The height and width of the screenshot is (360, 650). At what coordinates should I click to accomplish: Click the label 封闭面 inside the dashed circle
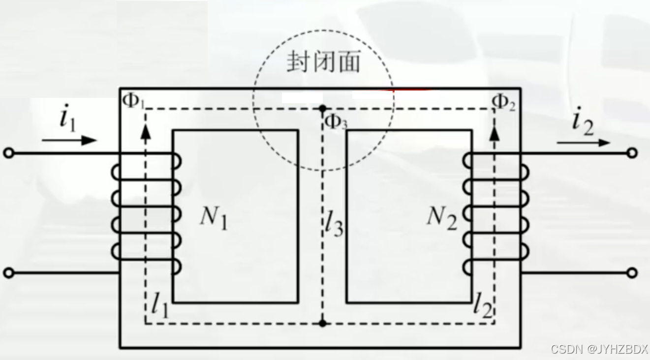click(324, 62)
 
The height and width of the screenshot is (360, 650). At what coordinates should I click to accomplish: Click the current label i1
click(67, 119)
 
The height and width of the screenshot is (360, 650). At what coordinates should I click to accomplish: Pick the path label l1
click(160, 306)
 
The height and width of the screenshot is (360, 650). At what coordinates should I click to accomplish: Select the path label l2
click(483, 306)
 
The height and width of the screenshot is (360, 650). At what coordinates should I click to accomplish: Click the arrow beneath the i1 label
click(69, 140)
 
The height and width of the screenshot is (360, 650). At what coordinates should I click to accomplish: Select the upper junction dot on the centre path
click(322, 108)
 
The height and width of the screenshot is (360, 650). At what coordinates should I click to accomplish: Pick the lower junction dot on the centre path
click(322, 323)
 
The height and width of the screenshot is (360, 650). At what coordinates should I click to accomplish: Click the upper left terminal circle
click(8, 153)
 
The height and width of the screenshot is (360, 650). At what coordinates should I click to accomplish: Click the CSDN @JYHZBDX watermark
click(599, 349)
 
